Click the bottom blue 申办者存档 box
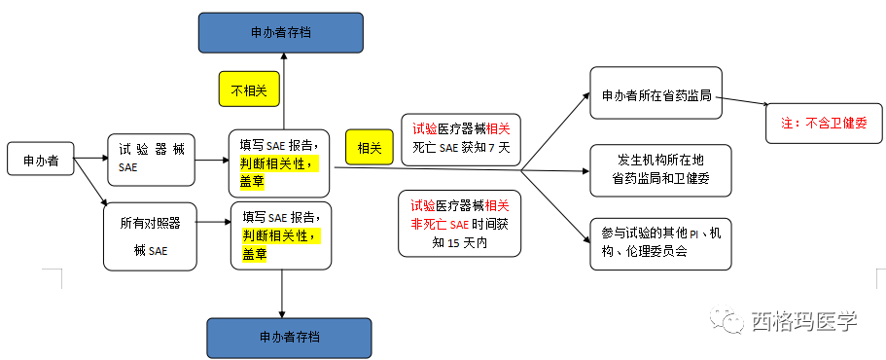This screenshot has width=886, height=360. tap(289, 337)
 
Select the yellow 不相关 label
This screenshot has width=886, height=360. tap(249, 90)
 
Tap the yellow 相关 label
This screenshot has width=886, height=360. tap(369, 149)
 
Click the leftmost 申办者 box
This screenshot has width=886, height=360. tap(41, 161)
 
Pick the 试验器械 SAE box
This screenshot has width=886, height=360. tap(151, 160)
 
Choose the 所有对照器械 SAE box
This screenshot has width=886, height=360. tap(151, 234)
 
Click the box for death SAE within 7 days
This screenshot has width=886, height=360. tap(461, 138)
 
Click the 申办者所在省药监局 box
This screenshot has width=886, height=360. tap(656, 93)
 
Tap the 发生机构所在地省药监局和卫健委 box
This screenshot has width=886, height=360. tap(659, 169)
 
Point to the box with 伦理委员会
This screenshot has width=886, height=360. tap(659, 241)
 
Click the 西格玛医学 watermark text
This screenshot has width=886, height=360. tap(803, 322)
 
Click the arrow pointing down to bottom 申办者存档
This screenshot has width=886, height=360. tap(282, 292)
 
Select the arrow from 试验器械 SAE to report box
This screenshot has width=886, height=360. tap(211, 161)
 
